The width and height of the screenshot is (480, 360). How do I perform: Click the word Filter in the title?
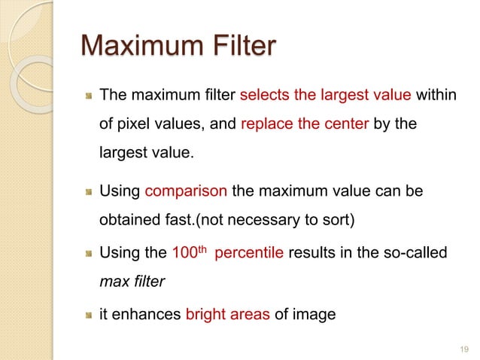point(238,47)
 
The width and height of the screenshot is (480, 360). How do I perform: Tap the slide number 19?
point(463,349)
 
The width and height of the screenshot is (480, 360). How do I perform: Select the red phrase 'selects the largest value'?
point(325,96)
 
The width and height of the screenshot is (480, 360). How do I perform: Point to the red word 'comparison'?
point(186,191)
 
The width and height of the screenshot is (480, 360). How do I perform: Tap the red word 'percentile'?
point(249,252)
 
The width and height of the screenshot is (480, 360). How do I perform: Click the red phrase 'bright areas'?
point(227,314)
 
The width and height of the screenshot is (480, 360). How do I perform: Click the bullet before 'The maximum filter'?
point(88,96)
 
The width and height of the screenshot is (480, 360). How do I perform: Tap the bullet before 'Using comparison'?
point(88,192)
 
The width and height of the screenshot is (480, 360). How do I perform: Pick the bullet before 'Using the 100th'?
point(88,252)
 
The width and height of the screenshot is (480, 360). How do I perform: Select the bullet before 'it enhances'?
point(88,315)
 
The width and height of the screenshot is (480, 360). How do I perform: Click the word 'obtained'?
point(127,222)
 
